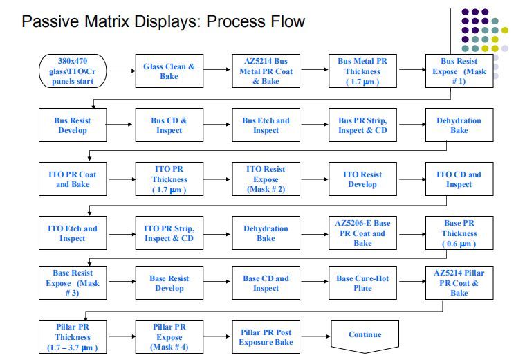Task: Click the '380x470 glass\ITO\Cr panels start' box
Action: pyautogui.click(x=72, y=71)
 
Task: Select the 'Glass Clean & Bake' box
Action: pyautogui.click(x=169, y=71)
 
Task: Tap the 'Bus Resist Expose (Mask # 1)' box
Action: pyautogui.click(x=459, y=71)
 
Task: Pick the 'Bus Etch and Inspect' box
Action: pyautogui.click(x=266, y=125)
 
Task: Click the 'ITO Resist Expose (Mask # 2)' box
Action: pyautogui.click(x=266, y=179)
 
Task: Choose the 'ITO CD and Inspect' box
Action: pyautogui.click(x=459, y=179)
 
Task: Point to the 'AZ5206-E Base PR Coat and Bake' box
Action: pyautogui.click(x=362, y=233)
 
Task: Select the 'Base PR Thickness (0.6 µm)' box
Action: pyautogui.click(x=459, y=233)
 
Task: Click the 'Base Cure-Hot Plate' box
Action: pyautogui.click(x=362, y=283)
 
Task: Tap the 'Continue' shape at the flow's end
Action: pyautogui.click(x=365, y=335)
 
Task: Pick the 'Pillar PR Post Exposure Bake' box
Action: pyautogui.click(x=266, y=337)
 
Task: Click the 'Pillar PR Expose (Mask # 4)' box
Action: pyautogui.click(x=169, y=337)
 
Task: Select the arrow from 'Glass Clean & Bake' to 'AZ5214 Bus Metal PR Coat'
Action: pyautogui.click(x=216, y=70)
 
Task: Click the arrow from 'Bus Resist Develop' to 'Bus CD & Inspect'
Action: pyautogui.click(x=120, y=125)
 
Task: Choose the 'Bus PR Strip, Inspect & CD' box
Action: pyautogui.click(x=362, y=125)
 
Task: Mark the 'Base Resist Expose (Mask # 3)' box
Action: pyautogui.click(x=72, y=283)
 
